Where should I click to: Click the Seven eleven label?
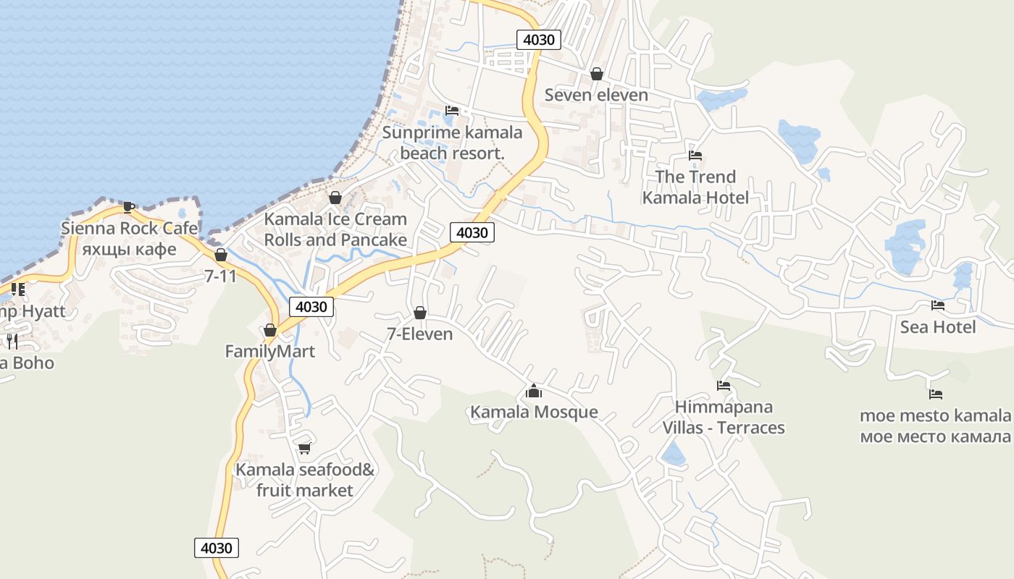[x=596, y=95]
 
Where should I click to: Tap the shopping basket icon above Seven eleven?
[x=597, y=74]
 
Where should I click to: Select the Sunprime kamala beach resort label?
[x=452, y=143]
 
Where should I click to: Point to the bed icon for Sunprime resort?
[x=453, y=111]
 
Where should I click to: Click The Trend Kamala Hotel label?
[x=695, y=187]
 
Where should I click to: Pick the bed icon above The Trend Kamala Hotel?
[x=695, y=156]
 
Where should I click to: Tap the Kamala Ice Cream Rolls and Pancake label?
[x=335, y=229]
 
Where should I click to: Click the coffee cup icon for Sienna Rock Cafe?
[x=129, y=208]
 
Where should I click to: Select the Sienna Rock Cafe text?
[x=129, y=229]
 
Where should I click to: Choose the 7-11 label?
[x=220, y=276]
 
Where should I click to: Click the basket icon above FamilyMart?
[x=270, y=331]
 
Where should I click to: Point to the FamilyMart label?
[x=270, y=352]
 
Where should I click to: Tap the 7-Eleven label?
[x=420, y=334]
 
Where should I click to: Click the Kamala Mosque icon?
[x=534, y=392]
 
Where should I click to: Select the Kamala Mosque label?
[x=534, y=413]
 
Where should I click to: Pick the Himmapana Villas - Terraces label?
[x=724, y=417]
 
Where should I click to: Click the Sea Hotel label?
[x=938, y=327]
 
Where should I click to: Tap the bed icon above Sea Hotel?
[x=938, y=305]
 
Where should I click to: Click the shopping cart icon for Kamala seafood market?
[x=305, y=449]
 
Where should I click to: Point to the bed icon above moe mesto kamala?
[x=936, y=394]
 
